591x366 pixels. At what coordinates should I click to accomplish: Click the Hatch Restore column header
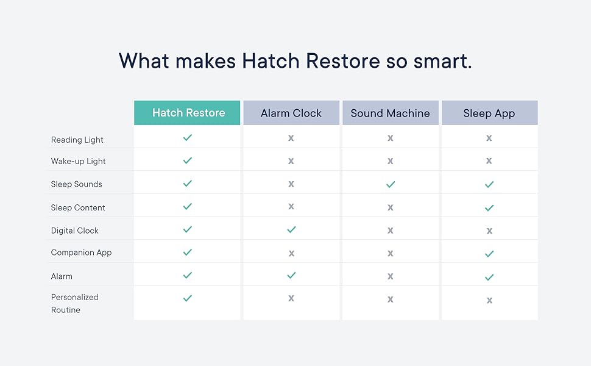(187, 113)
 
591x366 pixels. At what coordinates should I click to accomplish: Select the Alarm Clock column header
(291, 113)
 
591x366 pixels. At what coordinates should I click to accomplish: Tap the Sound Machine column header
(390, 113)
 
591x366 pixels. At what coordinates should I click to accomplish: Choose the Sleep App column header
(489, 113)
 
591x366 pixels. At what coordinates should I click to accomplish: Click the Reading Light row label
(77, 140)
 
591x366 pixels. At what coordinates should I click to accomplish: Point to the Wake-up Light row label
(78, 162)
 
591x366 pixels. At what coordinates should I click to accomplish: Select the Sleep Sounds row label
(77, 184)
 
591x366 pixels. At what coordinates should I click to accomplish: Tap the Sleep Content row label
(78, 207)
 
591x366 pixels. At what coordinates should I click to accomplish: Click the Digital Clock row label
(74, 231)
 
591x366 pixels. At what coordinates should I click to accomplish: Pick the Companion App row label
(81, 253)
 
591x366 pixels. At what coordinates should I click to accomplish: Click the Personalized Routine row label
(74, 303)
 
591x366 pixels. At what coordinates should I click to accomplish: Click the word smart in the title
(442, 61)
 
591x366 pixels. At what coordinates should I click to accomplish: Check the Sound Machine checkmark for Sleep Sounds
(391, 184)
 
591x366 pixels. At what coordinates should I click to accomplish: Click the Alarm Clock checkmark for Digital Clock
(291, 229)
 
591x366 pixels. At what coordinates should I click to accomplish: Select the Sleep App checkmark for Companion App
(489, 254)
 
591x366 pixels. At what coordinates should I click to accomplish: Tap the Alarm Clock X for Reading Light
(291, 138)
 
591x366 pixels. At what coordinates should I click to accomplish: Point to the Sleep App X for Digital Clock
(489, 231)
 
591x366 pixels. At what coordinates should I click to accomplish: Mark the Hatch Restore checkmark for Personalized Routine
(187, 298)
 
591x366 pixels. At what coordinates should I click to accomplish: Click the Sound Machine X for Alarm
(390, 276)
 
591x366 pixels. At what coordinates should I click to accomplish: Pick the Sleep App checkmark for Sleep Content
(489, 208)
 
